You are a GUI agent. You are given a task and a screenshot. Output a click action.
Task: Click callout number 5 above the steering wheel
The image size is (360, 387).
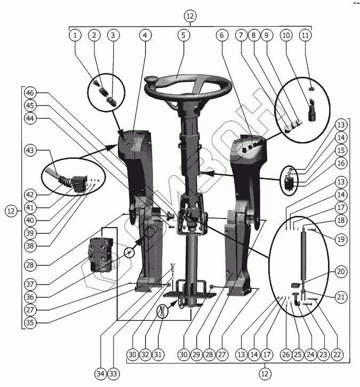[183, 35]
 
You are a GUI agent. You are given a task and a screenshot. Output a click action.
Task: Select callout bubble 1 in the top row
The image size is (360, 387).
[76, 35]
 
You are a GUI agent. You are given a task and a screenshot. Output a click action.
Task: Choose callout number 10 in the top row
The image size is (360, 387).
[286, 35]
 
